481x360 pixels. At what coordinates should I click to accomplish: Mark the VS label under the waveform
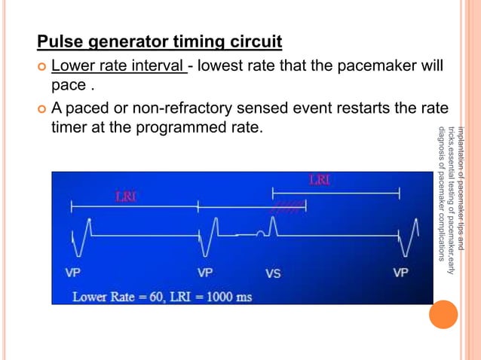coord(272,273)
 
